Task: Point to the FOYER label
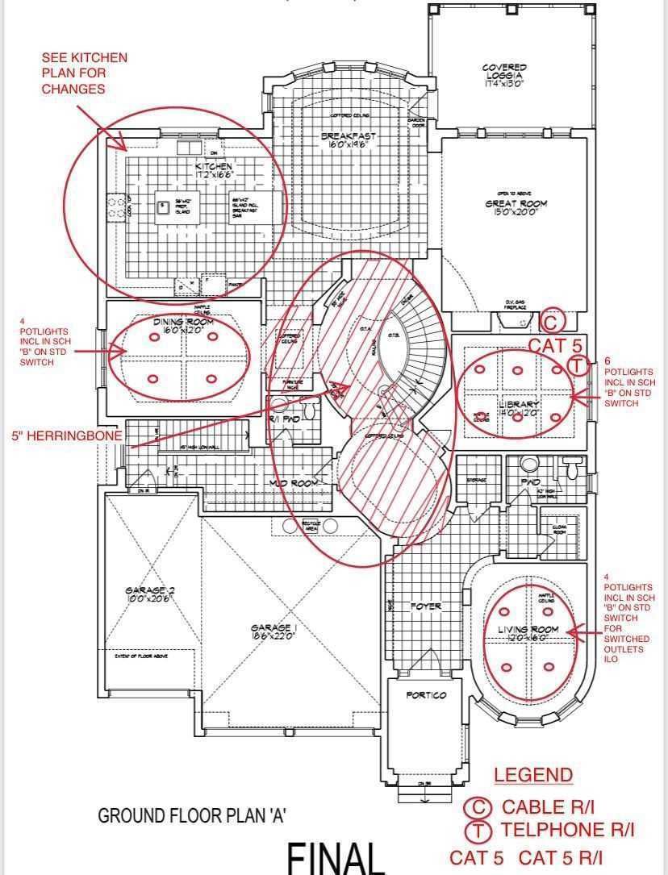[x=424, y=606]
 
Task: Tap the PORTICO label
[x=426, y=694]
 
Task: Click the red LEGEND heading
[x=533, y=775]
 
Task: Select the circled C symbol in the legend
[x=478, y=807]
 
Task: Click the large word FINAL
[x=336, y=857]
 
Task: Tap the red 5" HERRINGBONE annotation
[x=67, y=435]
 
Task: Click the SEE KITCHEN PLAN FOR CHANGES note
[x=85, y=73]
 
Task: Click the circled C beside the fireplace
[x=553, y=321]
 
